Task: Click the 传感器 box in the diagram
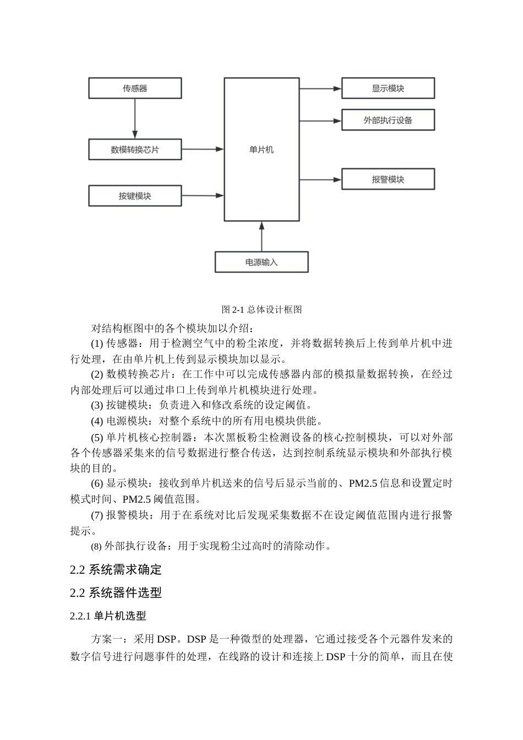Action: point(135,88)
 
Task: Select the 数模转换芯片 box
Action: point(135,149)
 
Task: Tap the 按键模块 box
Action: point(135,196)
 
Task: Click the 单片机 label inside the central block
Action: point(261,149)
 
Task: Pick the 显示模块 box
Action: point(388,88)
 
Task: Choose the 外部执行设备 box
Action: point(388,120)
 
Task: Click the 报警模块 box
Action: point(388,179)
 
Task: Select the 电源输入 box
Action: point(261,262)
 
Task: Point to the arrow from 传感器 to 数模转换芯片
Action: point(135,118)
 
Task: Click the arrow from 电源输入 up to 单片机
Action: point(261,237)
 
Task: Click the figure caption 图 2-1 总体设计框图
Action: point(261,309)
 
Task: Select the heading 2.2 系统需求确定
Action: point(116,569)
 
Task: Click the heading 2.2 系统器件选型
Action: point(116,592)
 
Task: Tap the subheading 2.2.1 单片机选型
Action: point(108,616)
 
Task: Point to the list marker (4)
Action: point(97,422)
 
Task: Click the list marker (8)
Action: point(96,547)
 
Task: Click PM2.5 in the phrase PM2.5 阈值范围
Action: point(135,499)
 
